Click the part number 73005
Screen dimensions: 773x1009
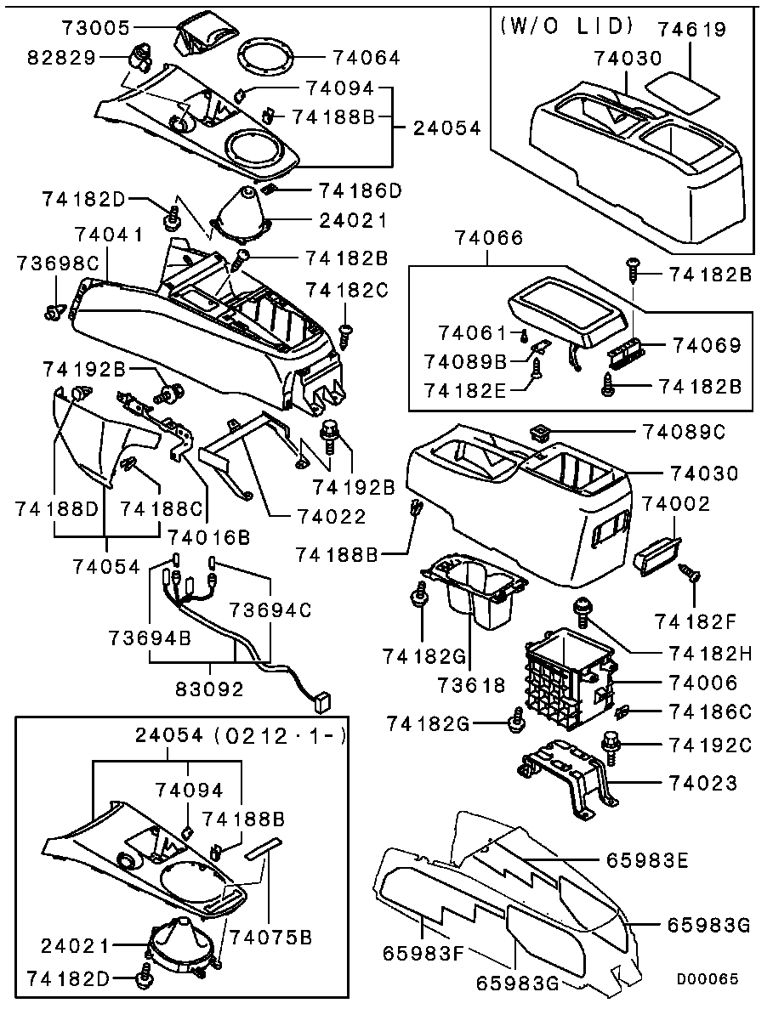[95, 28]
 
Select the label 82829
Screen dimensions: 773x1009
[61, 58]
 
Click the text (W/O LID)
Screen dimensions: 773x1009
[567, 26]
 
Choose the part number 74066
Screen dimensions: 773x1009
[489, 238]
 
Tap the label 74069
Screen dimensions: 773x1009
[708, 345]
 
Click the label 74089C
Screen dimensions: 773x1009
[683, 432]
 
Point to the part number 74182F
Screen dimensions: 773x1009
[696, 621]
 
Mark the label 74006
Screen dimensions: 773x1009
[703, 683]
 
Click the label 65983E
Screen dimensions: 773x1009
[647, 860]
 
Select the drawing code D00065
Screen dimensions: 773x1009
[707, 978]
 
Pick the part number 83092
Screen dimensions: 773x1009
[210, 689]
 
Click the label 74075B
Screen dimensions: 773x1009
[271, 936]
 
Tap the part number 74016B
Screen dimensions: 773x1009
[209, 536]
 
